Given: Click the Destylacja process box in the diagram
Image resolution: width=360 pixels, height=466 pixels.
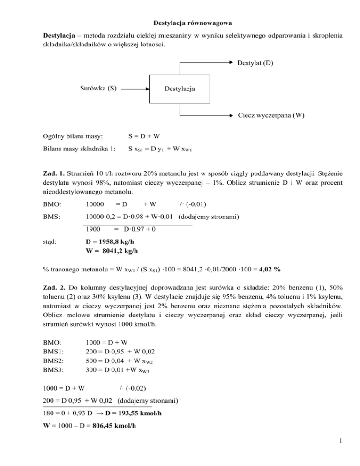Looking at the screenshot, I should pyautogui.click(x=180, y=89).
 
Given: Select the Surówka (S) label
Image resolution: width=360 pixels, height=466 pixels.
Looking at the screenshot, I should pyautogui.click(x=98, y=87).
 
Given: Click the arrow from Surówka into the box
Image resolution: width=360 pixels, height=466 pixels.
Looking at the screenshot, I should pyautogui.click(x=134, y=88).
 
